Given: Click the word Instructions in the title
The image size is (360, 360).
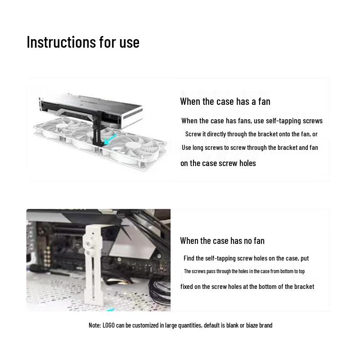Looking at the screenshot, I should click(x=55, y=42).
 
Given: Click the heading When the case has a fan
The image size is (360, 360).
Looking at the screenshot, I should click(x=225, y=101).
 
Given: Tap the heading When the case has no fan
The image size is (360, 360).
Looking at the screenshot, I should click(x=222, y=241).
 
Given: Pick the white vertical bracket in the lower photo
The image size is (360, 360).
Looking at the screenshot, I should click(x=93, y=270).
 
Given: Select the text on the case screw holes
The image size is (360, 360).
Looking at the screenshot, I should click(x=218, y=163).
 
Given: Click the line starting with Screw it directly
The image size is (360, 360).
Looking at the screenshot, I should click(x=251, y=134).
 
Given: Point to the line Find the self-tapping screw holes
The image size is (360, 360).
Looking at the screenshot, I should click(x=246, y=258).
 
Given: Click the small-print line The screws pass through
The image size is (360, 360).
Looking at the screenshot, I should click(x=244, y=271).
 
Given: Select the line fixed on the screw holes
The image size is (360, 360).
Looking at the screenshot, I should click(x=247, y=287).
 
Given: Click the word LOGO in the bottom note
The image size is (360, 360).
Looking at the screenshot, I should click(x=108, y=325).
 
